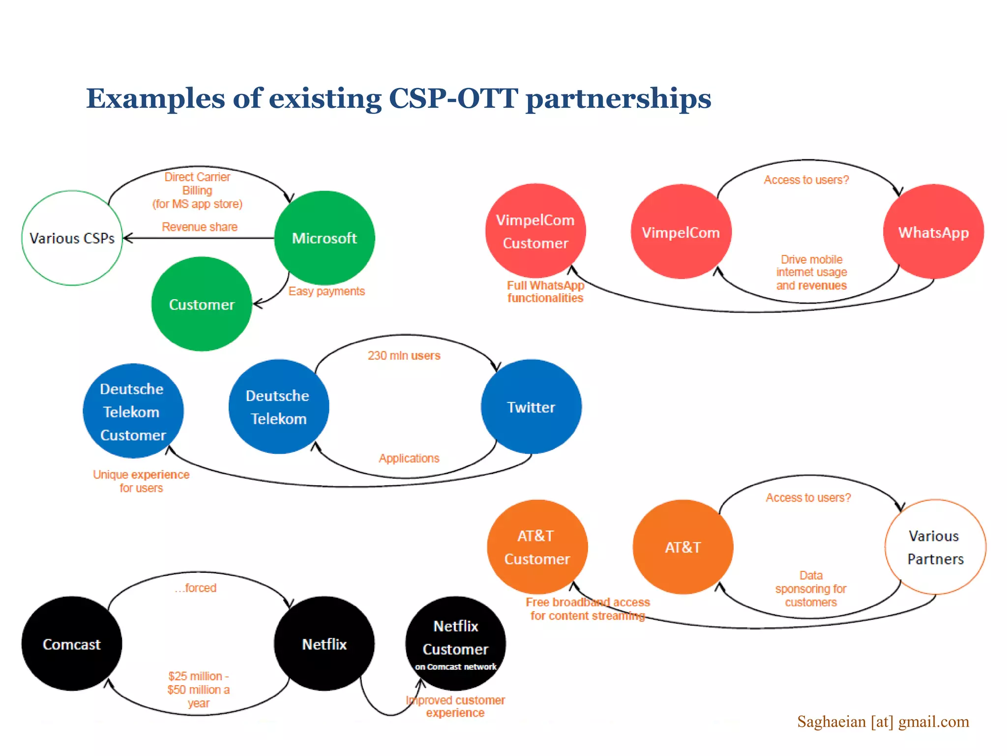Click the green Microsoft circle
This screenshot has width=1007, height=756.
point(325,238)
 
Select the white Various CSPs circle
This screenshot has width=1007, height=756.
point(72,238)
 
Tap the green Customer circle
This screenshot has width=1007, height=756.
point(202,304)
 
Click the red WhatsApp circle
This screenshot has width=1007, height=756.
point(933,232)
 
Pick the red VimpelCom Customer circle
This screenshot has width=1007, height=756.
point(535,231)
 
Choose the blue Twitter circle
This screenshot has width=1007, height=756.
point(531,407)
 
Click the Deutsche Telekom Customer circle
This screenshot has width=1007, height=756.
point(133,411)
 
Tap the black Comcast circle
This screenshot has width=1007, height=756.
point(72,644)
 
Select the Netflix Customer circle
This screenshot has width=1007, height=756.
point(455,643)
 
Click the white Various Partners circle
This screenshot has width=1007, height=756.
point(935,547)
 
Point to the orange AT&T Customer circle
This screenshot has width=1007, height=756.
point(537,547)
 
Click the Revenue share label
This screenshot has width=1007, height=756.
point(200,227)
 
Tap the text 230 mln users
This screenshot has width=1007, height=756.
point(404,355)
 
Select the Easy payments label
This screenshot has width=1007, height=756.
point(326,291)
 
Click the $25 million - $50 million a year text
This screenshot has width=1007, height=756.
point(198,690)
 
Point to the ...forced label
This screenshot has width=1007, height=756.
point(196,588)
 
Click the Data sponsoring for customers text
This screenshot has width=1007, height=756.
point(811,589)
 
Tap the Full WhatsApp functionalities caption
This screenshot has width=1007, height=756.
point(545,292)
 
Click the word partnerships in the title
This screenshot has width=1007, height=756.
point(619,98)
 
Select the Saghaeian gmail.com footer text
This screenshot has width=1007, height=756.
point(883,722)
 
